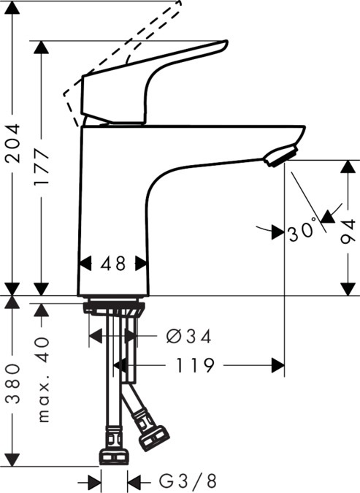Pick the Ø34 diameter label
click(188, 336)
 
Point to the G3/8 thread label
click(188, 481)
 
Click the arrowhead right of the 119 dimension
click(277, 364)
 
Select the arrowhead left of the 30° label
click(277, 233)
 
